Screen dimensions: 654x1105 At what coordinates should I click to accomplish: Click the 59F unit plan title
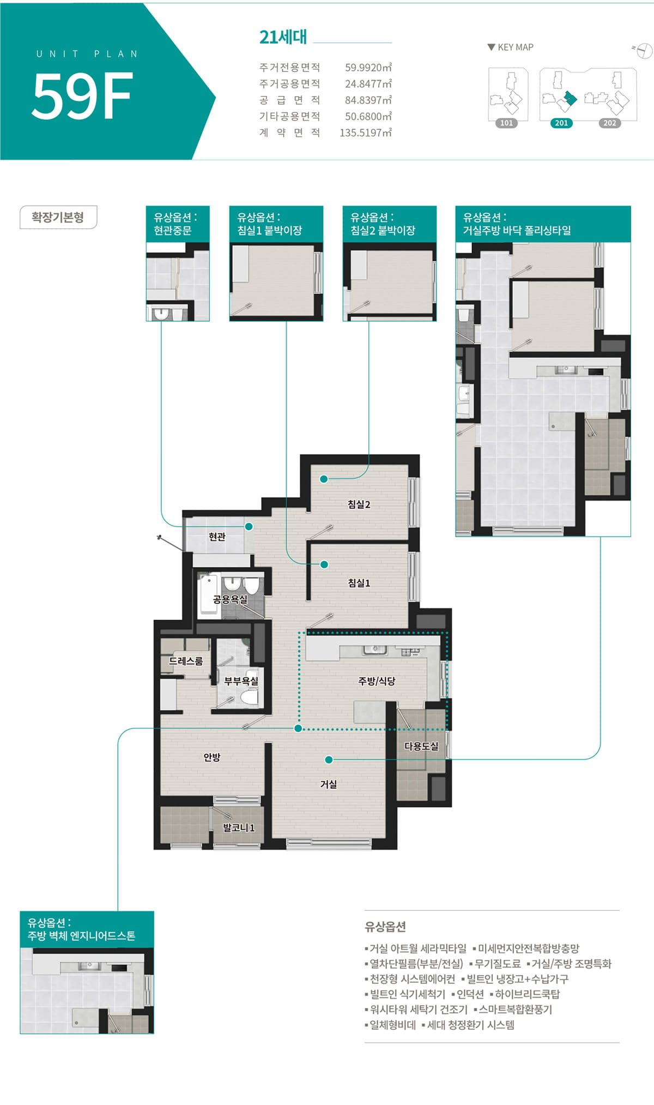coord(82,95)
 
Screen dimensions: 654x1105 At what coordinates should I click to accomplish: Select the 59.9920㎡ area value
coord(368,68)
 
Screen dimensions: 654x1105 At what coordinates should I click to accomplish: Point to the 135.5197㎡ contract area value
coord(366,133)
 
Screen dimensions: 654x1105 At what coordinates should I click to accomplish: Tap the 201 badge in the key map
coord(561,123)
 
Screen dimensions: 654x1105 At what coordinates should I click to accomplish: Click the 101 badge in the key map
coord(506,123)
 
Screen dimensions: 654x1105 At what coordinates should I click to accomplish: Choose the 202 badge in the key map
coord(609,123)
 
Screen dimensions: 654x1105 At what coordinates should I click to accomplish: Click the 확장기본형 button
coord(58,217)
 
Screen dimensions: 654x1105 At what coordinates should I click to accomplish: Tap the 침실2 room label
coord(359,505)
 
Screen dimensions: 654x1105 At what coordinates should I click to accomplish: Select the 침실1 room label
coord(359,583)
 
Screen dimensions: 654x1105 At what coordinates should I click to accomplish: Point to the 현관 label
coord(217,537)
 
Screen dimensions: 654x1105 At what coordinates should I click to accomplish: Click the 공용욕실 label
coord(230,599)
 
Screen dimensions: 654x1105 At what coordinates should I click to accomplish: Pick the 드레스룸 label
coord(186,661)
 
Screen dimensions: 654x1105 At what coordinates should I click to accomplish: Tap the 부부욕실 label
coord(241,681)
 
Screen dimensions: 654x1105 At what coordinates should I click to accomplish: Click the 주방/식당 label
coord(377,681)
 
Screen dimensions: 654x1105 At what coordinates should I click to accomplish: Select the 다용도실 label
coord(421,746)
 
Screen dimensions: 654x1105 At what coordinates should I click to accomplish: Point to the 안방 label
coord(212,757)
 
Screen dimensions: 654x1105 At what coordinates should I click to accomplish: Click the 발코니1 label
coord(239,828)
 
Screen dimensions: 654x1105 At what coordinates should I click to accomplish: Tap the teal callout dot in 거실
coord(329,759)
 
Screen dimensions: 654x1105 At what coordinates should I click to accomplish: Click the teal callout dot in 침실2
coord(324,479)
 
